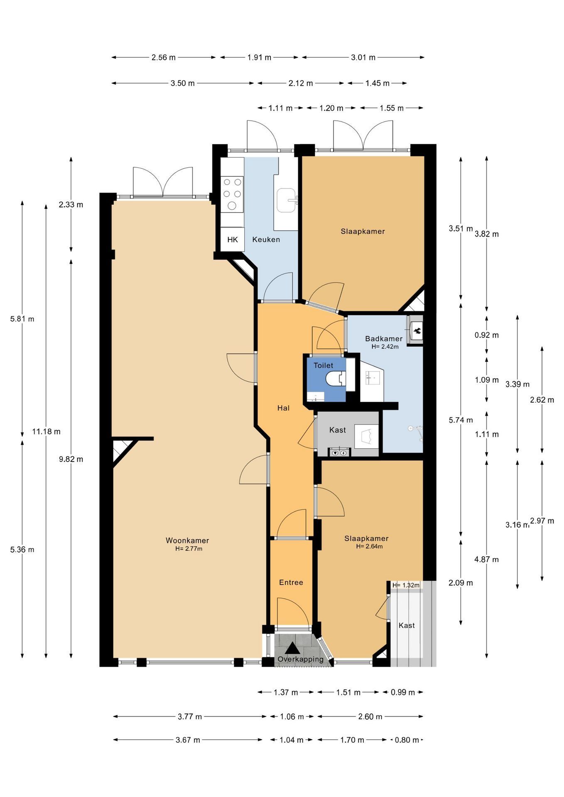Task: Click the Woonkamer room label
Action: (x=187, y=540)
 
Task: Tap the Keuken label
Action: (x=266, y=240)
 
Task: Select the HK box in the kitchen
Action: (x=233, y=240)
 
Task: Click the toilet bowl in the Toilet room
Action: (x=336, y=378)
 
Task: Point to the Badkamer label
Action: (x=384, y=339)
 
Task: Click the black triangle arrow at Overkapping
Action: (x=292, y=648)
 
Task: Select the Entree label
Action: (x=291, y=582)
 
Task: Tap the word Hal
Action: (x=283, y=408)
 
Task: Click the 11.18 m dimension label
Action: (x=47, y=431)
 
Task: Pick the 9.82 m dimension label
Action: (x=71, y=459)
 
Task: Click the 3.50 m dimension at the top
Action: (x=183, y=83)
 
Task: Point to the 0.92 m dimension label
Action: (x=487, y=335)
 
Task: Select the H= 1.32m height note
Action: (x=406, y=585)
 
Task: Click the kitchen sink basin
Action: (x=287, y=200)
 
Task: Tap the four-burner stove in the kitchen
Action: (x=232, y=193)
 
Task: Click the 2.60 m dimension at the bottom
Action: (x=370, y=716)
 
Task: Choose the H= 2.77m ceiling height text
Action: (x=189, y=548)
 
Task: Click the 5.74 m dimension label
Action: (x=461, y=420)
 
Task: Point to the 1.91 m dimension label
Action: (x=260, y=57)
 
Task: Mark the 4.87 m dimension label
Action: (x=487, y=559)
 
